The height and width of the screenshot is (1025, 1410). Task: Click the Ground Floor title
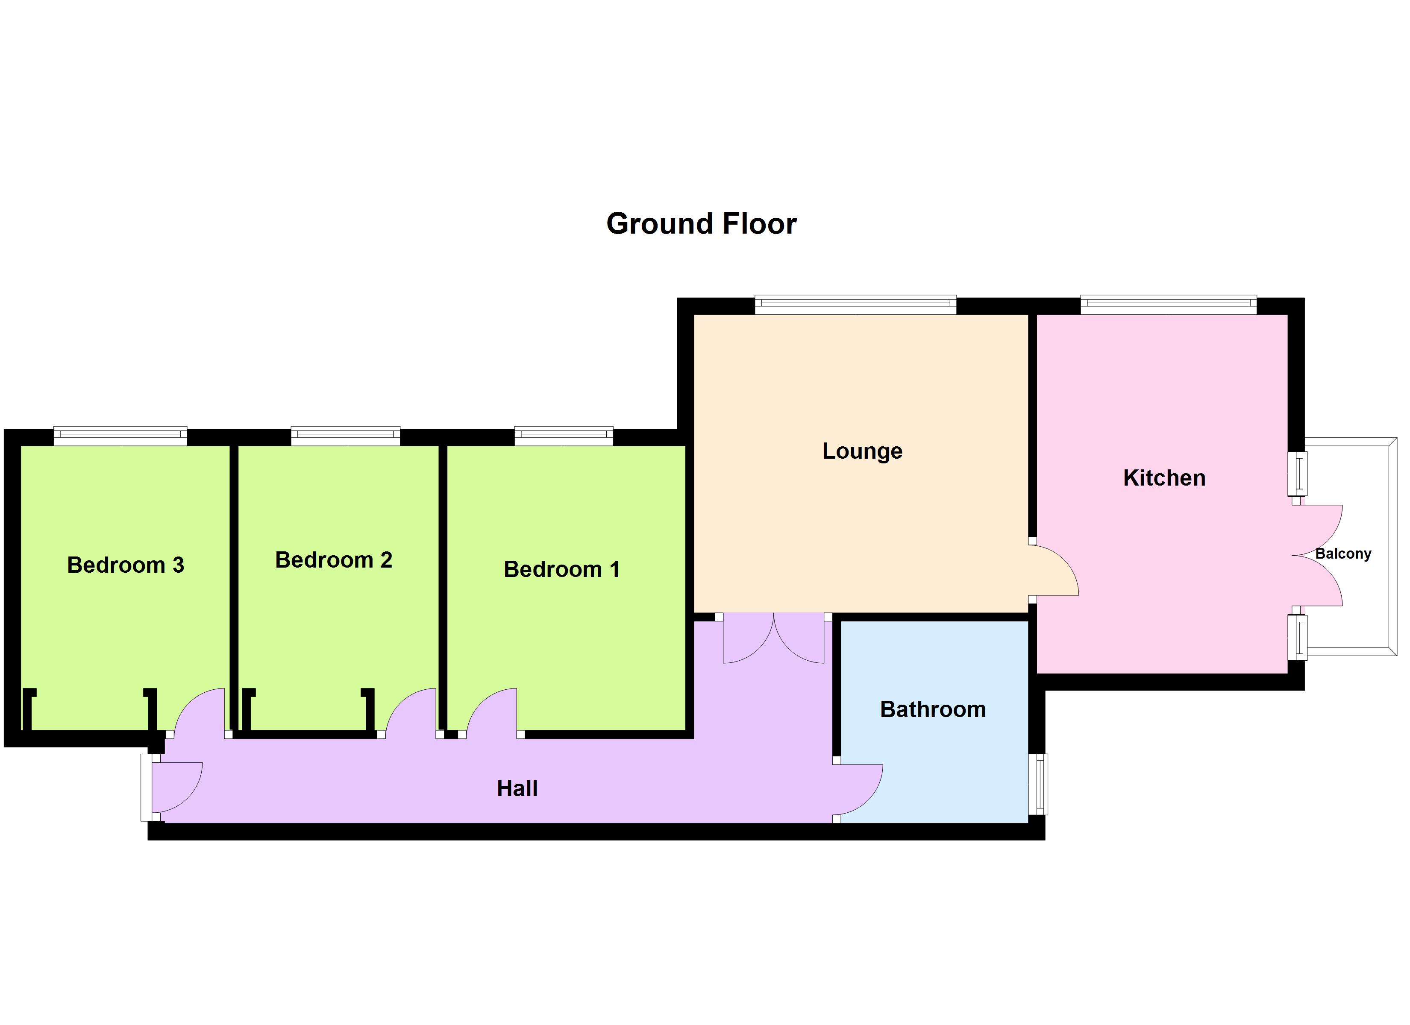[x=701, y=224]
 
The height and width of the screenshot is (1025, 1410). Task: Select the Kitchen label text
[x=1164, y=478]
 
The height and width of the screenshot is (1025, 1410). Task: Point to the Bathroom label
[x=933, y=709]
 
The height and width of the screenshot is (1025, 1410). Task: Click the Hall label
[x=517, y=788]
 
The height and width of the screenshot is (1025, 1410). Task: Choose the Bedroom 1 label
[x=561, y=569]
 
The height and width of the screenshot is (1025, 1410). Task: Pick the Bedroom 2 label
[x=333, y=560]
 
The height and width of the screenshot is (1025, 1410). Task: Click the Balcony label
[x=1343, y=554]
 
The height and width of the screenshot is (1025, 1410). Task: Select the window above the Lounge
[x=855, y=305]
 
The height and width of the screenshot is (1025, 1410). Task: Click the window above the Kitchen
[x=1168, y=305]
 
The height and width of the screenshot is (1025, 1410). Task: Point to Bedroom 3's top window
[x=120, y=436]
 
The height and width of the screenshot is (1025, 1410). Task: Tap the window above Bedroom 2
[x=345, y=436]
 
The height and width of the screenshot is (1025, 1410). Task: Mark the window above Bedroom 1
[x=563, y=436]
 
